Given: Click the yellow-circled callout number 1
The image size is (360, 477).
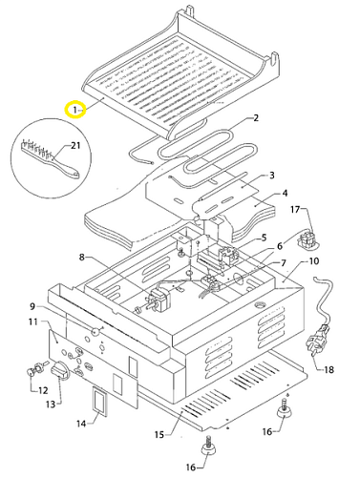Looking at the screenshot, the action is pos(75,110).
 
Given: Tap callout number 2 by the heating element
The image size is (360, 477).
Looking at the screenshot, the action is pos(256,118).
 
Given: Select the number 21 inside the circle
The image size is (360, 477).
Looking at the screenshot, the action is pos(75,146).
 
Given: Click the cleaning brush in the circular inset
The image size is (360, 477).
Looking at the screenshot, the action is pos(51,156).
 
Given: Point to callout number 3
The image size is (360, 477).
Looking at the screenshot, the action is pos(271,176).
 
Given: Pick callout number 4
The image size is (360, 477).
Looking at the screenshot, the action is pos(285,193).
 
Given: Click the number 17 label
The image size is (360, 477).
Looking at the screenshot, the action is pos(295,210).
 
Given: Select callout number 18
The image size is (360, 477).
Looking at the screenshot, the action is pos(328,369).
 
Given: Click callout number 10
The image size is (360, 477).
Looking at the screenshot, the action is pos(314,261).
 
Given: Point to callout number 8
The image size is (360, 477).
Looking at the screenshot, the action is pos(82,257).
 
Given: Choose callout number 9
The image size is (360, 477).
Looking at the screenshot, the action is pos(32,306).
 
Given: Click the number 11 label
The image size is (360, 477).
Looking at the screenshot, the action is pos(33,321).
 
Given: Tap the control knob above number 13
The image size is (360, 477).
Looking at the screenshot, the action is pos(59,370).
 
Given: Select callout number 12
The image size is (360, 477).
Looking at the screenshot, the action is pos(43,390).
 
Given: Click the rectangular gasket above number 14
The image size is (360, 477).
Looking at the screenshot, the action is pos(100,401).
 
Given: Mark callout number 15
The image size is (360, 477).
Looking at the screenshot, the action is pos(159,434).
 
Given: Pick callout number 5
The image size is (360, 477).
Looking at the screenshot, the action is pos(264,238).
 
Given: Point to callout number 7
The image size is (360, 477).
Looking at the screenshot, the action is pos(283,263).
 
